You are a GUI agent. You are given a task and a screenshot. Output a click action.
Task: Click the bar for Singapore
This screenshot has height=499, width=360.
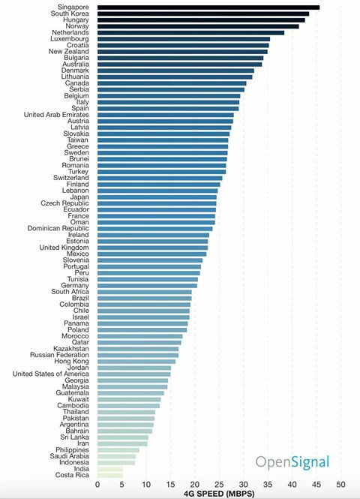208,8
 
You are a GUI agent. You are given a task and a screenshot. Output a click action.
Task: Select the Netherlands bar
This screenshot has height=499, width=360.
190,33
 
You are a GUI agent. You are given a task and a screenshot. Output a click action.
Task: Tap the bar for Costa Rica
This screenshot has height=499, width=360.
109,476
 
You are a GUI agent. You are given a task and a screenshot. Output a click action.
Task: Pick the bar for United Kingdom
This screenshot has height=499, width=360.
152,248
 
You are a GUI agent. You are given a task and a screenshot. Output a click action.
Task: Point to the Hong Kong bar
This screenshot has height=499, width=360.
136,362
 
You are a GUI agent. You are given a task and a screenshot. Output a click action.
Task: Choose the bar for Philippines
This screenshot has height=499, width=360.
118,450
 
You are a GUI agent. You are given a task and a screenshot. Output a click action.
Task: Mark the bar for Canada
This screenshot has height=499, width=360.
172,83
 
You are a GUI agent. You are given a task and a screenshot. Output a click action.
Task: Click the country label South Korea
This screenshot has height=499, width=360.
70,14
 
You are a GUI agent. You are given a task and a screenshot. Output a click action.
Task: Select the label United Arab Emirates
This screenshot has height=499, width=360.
56,115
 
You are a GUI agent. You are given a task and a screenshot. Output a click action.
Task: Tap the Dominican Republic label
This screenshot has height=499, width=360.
58,229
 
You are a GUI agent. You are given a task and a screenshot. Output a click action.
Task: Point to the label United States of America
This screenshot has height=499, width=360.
51,374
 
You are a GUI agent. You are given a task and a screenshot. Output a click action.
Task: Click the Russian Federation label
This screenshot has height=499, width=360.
59,355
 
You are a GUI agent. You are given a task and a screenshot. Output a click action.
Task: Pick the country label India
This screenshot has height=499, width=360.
82,469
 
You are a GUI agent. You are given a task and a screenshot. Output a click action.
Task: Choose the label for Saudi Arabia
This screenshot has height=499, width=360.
69,456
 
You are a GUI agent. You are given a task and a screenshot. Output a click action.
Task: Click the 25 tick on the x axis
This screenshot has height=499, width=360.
219,485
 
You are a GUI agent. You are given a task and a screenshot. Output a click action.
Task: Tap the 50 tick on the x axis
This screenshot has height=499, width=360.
340,485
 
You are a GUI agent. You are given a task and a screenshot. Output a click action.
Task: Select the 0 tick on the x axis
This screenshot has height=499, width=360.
97,485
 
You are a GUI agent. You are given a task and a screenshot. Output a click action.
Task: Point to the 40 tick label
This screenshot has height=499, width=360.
292,485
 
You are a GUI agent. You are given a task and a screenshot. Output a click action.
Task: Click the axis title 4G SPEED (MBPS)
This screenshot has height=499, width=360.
219,494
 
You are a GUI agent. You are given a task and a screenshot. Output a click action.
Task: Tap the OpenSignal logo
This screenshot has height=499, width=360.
292,462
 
